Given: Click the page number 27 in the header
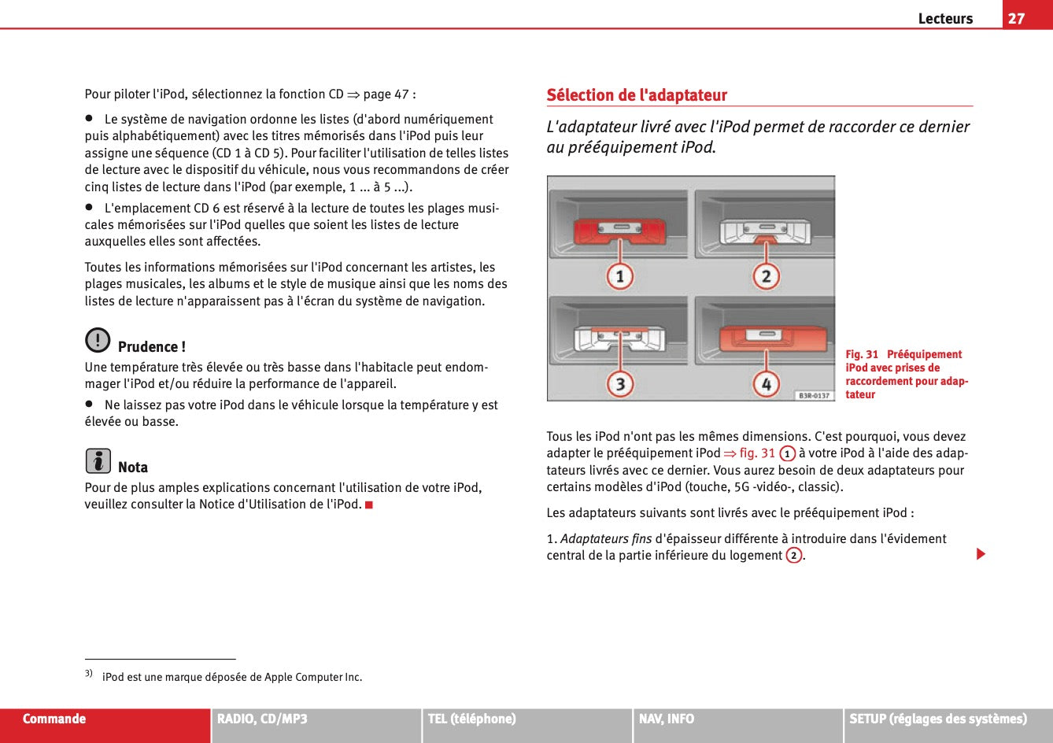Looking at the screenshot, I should (x=1017, y=18).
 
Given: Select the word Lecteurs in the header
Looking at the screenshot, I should (x=945, y=19).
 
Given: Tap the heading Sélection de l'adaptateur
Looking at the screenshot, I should (x=637, y=95).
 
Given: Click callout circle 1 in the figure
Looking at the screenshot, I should (x=620, y=276).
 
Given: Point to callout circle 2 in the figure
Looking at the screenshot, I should (x=765, y=276).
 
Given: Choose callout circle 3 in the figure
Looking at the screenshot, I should (x=620, y=384).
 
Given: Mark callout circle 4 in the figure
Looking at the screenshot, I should (x=765, y=384).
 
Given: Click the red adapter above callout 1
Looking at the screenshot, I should (x=619, y=231).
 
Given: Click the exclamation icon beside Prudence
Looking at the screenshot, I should (x=98, y=340).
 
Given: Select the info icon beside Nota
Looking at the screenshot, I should (x=98, y=460).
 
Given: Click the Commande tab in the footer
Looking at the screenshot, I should (x=54, y=719).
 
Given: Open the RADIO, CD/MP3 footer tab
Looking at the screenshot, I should (x=262, y=719).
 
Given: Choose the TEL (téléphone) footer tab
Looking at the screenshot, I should (x=471, y=719).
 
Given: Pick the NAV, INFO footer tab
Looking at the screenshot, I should (x=667, y=719).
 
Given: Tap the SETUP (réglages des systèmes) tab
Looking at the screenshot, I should (x=937, y=719).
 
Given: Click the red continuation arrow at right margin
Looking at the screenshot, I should (x=981, y=555).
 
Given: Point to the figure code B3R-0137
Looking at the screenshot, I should (x=814, y=395).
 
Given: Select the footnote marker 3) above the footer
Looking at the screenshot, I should (x=89, y=673).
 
